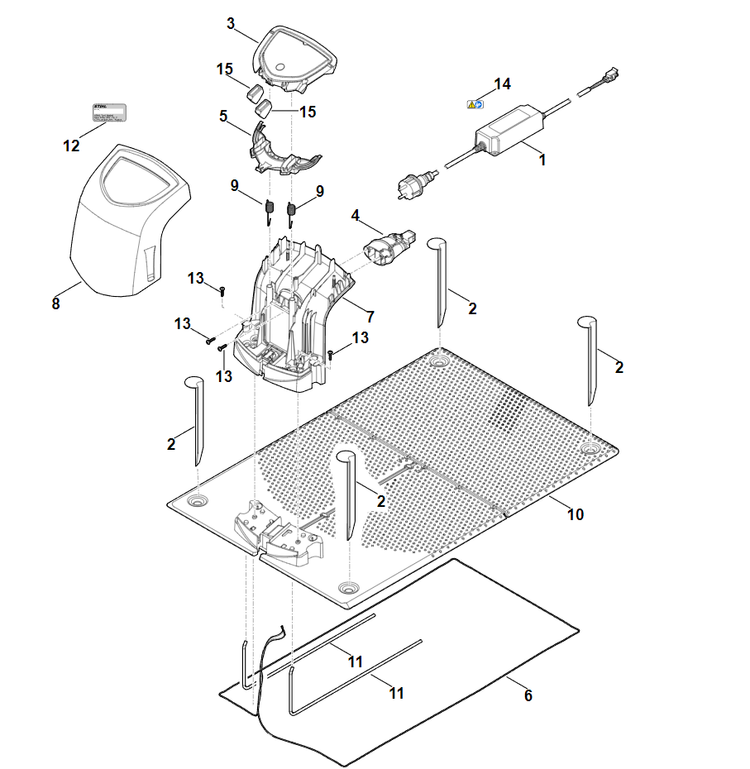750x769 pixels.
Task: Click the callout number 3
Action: (x=231, y=23)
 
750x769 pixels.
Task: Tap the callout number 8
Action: (x=55, y=303)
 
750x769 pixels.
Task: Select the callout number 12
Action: (x=72, y=146)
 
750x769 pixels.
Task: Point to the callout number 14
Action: (x=503, y=84)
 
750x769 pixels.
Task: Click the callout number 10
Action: (x=576, y=514)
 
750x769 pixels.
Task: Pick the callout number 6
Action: (x=528, y=695)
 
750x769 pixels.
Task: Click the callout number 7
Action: (x=370, y=316)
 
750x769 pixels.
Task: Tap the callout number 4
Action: (x=356, y=216)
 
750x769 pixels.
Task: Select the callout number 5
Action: (x=223, y=117)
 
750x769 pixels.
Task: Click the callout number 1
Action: (x=542, y=160)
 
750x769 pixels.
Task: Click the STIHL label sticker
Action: (x=108, y=113)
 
